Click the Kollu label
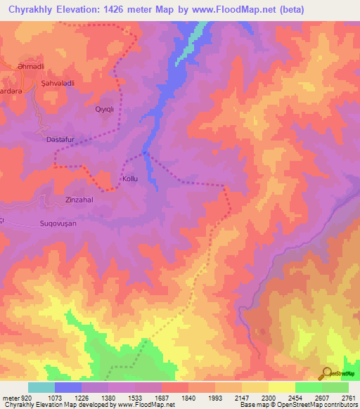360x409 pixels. point(130,179)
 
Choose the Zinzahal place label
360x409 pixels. point(80,199)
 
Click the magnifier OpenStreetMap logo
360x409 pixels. point(326,373)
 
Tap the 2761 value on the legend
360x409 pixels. point(349,398)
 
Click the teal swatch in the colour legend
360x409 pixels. point(41,387)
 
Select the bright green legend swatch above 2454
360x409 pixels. point(309,387)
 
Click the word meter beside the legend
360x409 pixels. point(10,398)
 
